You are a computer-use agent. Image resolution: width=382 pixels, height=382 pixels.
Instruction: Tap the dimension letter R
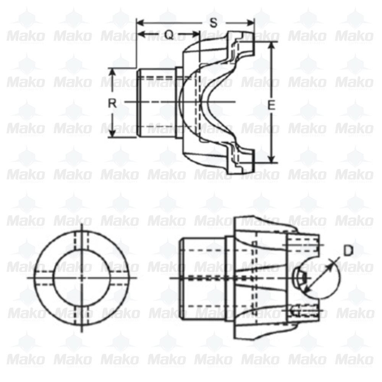[x=112, y=103]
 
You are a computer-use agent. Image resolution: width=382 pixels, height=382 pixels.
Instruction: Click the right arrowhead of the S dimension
[x=251, y=22]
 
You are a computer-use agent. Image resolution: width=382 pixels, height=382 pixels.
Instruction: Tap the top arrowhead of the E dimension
[x=271, y=45]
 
